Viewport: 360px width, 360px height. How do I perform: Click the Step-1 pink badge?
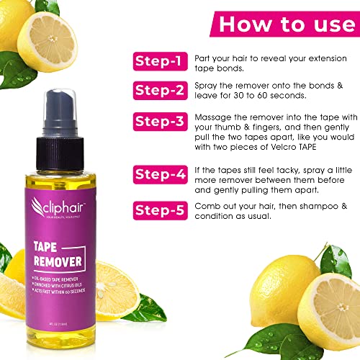tap(157, 63)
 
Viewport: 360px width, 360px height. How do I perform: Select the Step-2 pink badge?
tap(157, 91)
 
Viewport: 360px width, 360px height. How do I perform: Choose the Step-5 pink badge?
tap(157, 210)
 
